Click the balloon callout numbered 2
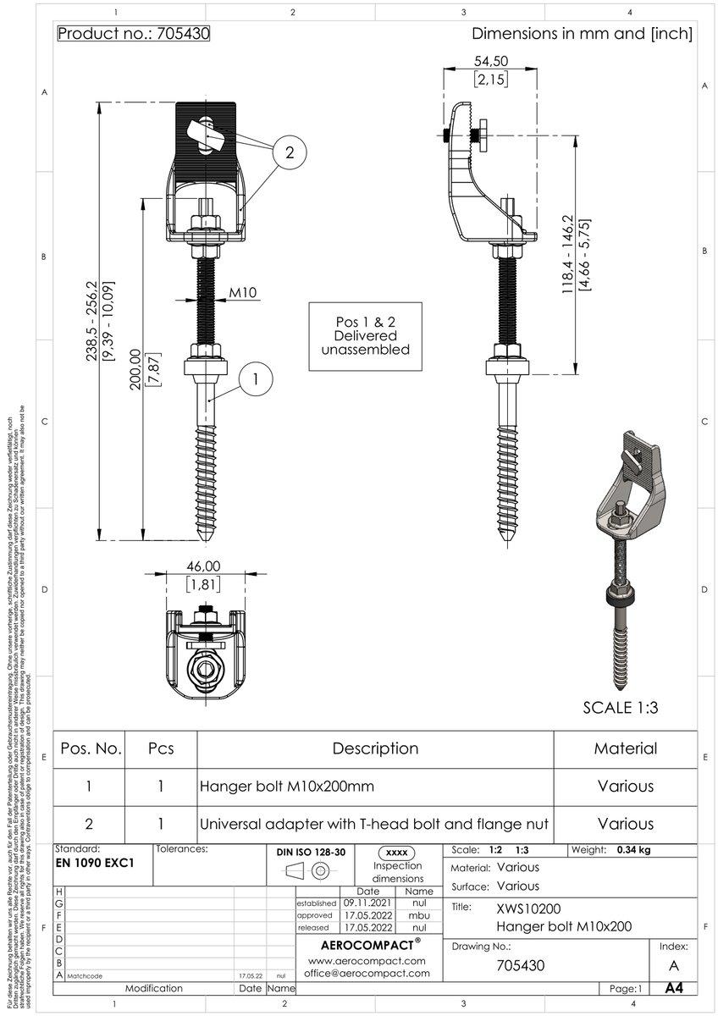click(290, 153)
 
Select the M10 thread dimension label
click(243, 294)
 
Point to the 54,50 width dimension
click(490, 61)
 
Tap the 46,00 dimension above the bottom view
click(203, 566)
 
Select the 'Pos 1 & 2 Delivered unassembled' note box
click(366, 336)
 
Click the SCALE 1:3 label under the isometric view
click(621, 708)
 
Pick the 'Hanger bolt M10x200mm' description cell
click(286, 786)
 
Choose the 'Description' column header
click(375, 748)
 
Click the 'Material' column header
click(625, 748)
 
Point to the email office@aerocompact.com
click(366, 974)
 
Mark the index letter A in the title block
click(673, 966)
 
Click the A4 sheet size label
click(674, 988)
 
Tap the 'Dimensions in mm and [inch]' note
click(582, 35)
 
